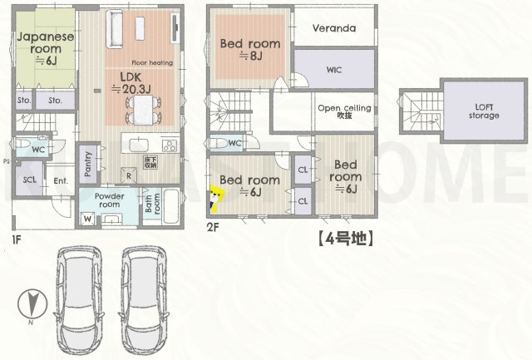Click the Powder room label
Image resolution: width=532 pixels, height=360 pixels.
[109, 203]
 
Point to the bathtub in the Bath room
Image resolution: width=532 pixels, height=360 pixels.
[173, 206]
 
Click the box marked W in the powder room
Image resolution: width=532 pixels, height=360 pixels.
[87, 219]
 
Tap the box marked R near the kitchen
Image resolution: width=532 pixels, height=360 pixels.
[128, 175]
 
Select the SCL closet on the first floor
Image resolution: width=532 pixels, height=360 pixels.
[30, 180]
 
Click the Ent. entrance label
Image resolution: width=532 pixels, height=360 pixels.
[61, 180]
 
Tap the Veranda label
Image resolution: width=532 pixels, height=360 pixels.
[334, 28]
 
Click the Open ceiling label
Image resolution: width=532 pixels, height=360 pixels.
[344, 111]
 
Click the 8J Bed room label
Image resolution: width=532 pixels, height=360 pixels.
[249, 49]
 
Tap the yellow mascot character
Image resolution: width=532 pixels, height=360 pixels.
[217, 200]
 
